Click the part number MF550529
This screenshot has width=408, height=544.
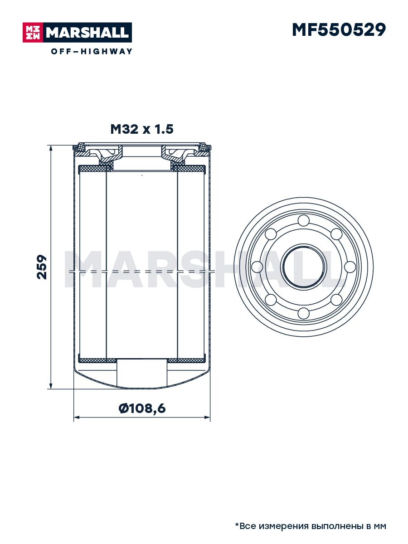(339, 30)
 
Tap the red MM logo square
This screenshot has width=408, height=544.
(33, 33)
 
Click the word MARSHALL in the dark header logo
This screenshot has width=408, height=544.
(87, 33)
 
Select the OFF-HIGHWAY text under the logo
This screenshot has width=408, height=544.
(92, 51)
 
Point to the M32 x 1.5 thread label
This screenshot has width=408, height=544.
(142, 129)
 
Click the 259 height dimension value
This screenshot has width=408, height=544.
(42, 267)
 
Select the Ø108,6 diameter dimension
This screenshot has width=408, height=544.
(142, 408)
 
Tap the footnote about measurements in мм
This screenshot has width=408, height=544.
(311, 525)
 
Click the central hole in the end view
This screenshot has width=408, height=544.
(304, 267)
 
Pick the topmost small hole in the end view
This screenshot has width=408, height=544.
(304, 220)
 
